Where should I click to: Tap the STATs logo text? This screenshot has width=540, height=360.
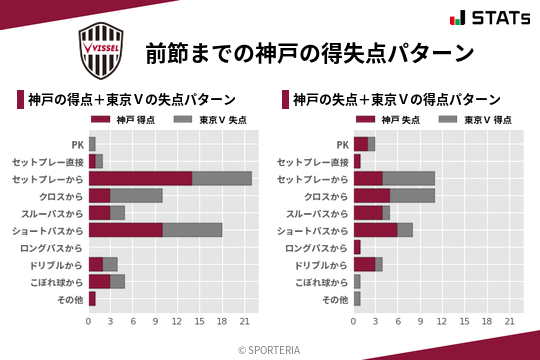click(491, 18)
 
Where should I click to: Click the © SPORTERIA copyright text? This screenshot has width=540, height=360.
click(270, 350)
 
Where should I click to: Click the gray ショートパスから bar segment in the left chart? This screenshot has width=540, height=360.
click(192, 230)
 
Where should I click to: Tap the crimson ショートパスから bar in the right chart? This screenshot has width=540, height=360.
click(375, 230)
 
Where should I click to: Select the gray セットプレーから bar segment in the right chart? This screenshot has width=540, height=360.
click(408, 178)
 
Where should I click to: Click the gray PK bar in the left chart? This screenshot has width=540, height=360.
click(92, 144)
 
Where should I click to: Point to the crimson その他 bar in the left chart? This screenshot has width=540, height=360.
click(92, 298)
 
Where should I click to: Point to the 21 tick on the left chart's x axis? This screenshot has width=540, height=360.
click(244, 321)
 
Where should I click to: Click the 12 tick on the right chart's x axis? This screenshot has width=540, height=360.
click(443, 321)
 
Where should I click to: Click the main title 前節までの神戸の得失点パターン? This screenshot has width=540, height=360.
click(309, 52)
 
